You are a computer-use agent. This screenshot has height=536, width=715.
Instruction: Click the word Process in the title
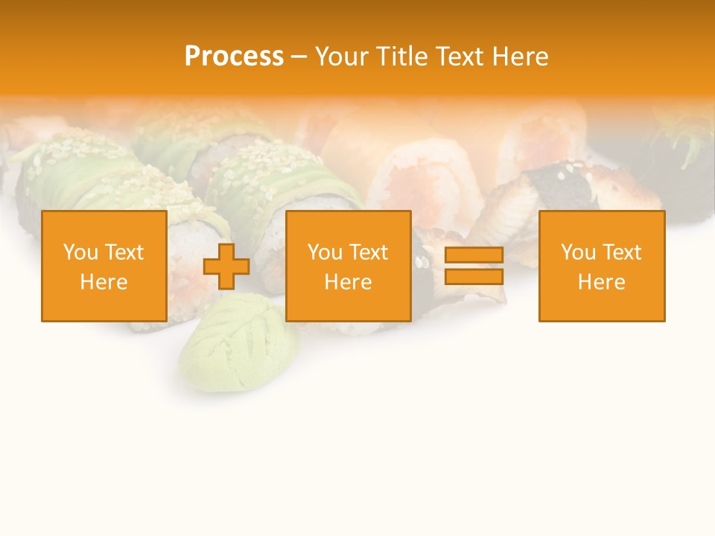(x=234, y=57)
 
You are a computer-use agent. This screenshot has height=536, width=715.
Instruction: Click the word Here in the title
(x=521, y=57)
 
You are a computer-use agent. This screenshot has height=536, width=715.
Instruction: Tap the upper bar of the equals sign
(x=474, y=255)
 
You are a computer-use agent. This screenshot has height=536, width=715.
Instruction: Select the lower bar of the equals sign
(x=474, y=277)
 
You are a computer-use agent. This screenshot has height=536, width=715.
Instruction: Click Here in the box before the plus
(x=104, y=282)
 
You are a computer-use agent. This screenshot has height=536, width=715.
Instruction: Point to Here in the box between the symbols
(x=348, y=282)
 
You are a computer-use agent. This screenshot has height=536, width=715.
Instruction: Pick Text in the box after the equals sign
(x=622, y=252)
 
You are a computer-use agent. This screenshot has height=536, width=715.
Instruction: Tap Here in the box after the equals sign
(x=601, y=282)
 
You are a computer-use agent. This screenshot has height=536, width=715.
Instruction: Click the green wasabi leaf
(x=238, y=342)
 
